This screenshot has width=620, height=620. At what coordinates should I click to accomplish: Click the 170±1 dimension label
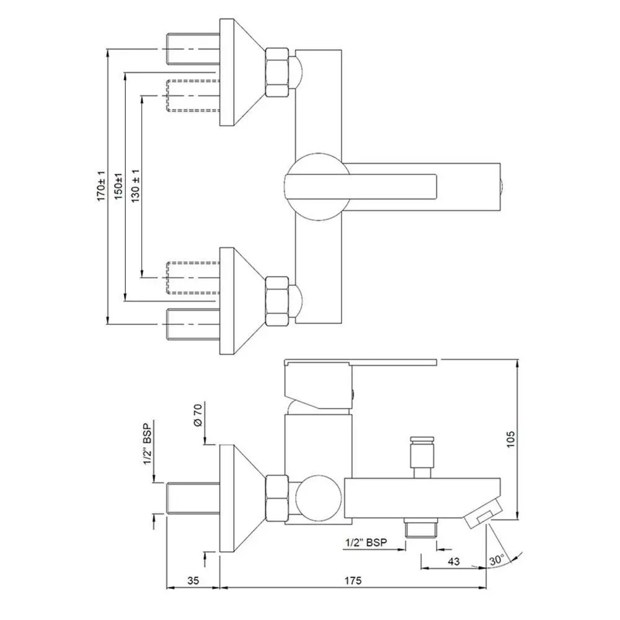tap(100, 185)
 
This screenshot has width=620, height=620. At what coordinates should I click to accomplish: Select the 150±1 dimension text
tap(118, 185)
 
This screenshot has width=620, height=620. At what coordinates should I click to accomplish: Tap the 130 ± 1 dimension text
tap(135, 185)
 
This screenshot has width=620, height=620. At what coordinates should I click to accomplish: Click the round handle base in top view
tap(316, 186)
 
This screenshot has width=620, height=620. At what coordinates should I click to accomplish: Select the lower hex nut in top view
tap(277, 301)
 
